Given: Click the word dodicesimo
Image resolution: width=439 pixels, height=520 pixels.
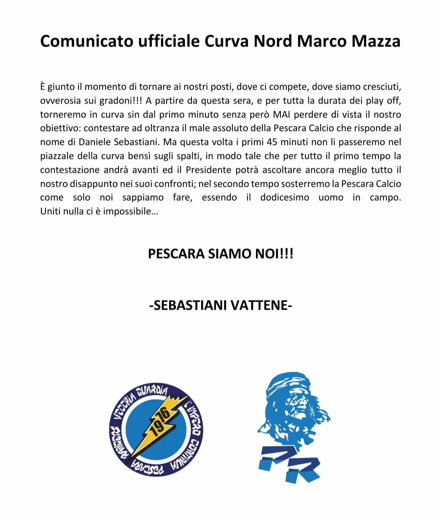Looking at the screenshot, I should coord(285,198).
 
